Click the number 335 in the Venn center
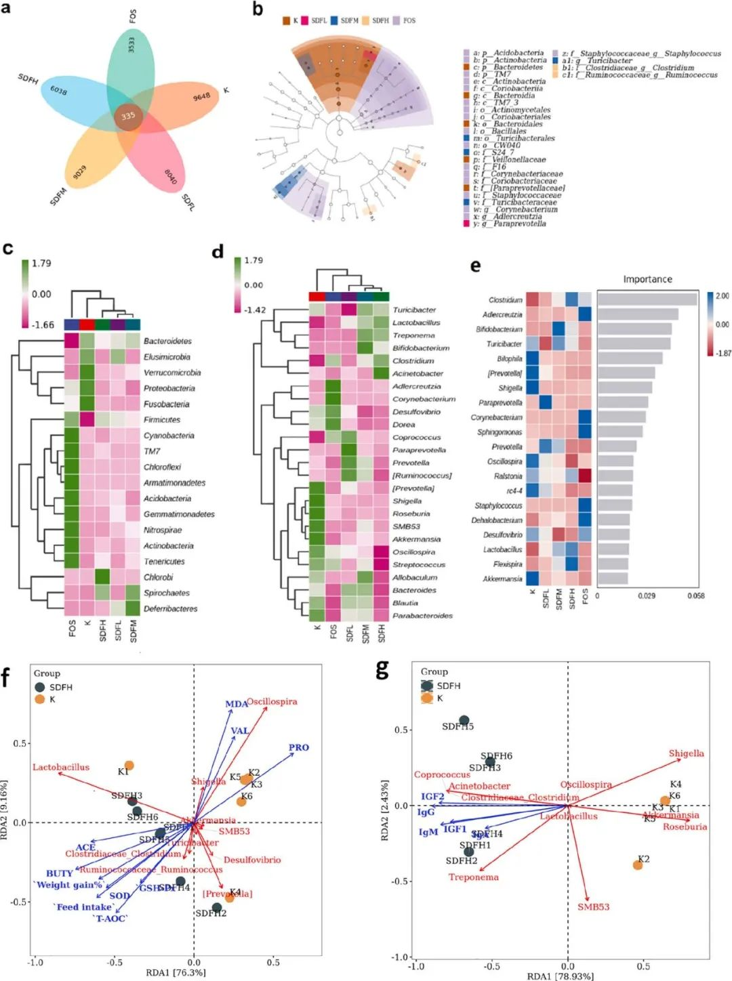128,115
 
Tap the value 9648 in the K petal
202,97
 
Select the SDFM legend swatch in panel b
334,21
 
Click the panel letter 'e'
475,265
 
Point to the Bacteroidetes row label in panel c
167,341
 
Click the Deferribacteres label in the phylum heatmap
170,608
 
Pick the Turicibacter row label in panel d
414,310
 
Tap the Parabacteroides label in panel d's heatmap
422,616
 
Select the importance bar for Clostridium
647,299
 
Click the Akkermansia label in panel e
502,579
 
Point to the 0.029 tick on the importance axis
647,596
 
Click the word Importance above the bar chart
647,279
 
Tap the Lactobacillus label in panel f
61,767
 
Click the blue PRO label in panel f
299,747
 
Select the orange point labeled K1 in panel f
129,766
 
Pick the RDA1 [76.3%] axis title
176,972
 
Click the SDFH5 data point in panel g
464,721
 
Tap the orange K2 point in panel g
638,865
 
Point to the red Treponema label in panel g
473,877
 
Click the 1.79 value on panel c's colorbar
41,263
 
